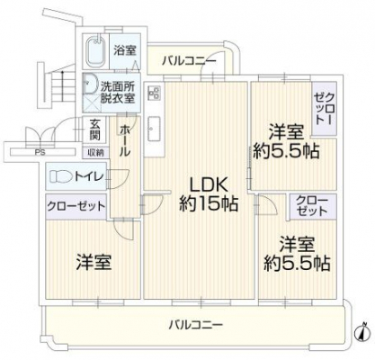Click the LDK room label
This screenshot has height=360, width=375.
click(208, 186)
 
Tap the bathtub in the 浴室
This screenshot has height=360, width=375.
click(95, 51)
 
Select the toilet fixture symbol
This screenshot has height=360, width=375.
click(61, 176)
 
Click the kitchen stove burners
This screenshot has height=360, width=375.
click(154, 93)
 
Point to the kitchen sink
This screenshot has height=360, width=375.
click(154, 129)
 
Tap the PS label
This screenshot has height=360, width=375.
click(40, 152)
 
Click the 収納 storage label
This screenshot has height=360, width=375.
click(96, 153)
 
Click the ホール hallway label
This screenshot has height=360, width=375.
click(125, 140)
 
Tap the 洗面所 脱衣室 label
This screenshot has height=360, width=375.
click(118, 93)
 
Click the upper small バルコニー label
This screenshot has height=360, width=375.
click(189, 61)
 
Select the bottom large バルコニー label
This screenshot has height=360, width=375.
click(195, 325)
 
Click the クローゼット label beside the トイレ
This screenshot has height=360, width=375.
click(76, 206)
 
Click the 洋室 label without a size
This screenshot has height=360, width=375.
click(94, 262)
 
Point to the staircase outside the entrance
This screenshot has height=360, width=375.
click(56, 86)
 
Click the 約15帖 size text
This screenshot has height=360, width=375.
click(209, 204)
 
